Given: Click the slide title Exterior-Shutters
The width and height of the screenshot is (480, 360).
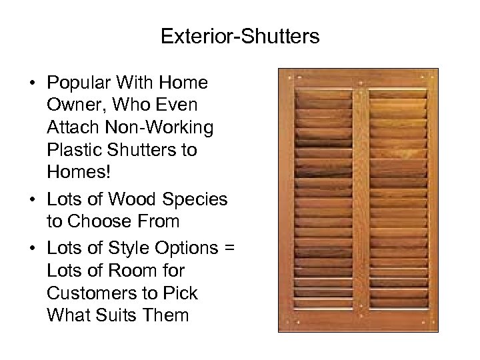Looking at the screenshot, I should coord(240,36).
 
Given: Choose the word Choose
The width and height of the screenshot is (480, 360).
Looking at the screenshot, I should coord(100,221).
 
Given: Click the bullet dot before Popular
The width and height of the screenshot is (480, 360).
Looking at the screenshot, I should coord(31,84).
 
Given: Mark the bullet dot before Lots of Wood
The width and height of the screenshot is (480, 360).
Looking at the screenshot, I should coord(31,199).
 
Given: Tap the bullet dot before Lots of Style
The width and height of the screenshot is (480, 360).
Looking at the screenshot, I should coord(31,249).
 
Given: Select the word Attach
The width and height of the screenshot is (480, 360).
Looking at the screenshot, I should coord(71,127).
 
